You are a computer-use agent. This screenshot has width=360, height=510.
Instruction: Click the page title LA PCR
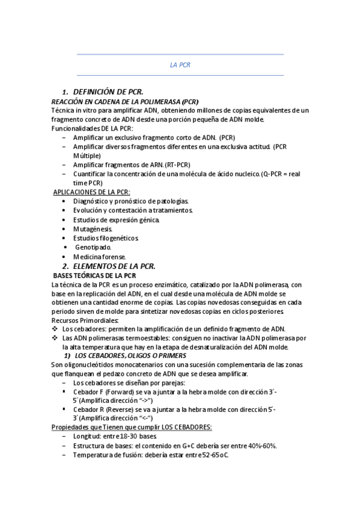click(180, 65)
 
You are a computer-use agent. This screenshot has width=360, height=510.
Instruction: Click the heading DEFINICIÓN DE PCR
click(108, 92)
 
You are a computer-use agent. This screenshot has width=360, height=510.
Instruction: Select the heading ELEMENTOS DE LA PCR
click(114, 266)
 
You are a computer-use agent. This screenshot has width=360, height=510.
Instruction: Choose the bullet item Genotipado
click(93, 247)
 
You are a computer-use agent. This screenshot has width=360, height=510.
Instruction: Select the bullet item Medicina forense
click(99, 256)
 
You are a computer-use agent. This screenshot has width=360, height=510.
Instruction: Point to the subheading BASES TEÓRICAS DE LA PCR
click(96, 275)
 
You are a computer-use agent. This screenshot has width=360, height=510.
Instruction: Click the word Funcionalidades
click(74, 128)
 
